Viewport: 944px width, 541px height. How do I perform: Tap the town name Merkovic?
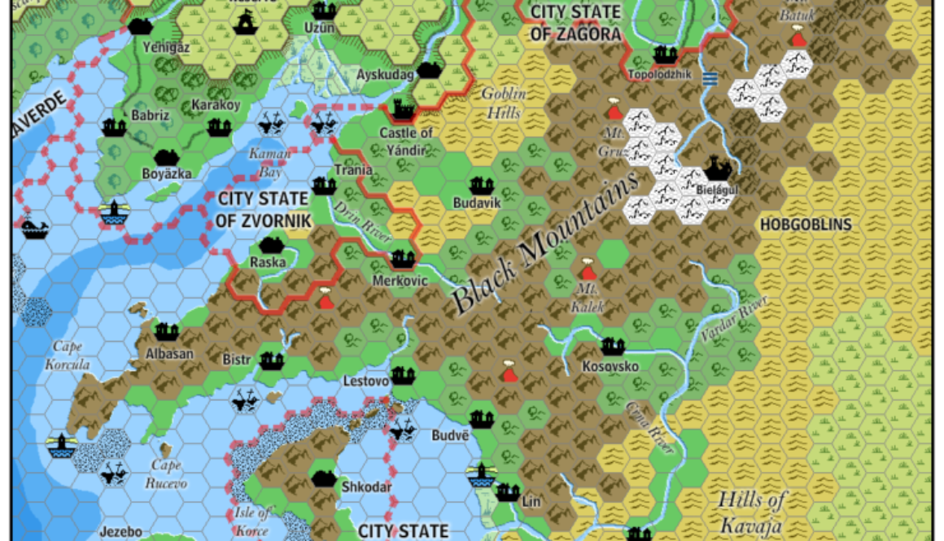(399, 281)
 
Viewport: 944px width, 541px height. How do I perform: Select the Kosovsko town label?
(610, 367)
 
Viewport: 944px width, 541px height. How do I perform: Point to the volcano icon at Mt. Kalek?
(588, 270)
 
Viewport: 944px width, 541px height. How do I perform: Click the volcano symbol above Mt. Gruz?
(615, 110)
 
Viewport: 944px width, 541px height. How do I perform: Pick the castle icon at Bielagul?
(716, 168)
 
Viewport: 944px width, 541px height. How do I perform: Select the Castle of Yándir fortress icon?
(403, 108)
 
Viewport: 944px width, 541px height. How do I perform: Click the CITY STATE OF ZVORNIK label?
(264, 209)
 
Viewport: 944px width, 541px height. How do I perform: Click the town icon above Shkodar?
(325, 478)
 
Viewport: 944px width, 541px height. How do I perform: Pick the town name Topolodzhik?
(660, 74)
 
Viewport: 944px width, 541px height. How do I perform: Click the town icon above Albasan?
(166, 332)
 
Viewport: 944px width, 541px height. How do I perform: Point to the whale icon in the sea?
(35, 229)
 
